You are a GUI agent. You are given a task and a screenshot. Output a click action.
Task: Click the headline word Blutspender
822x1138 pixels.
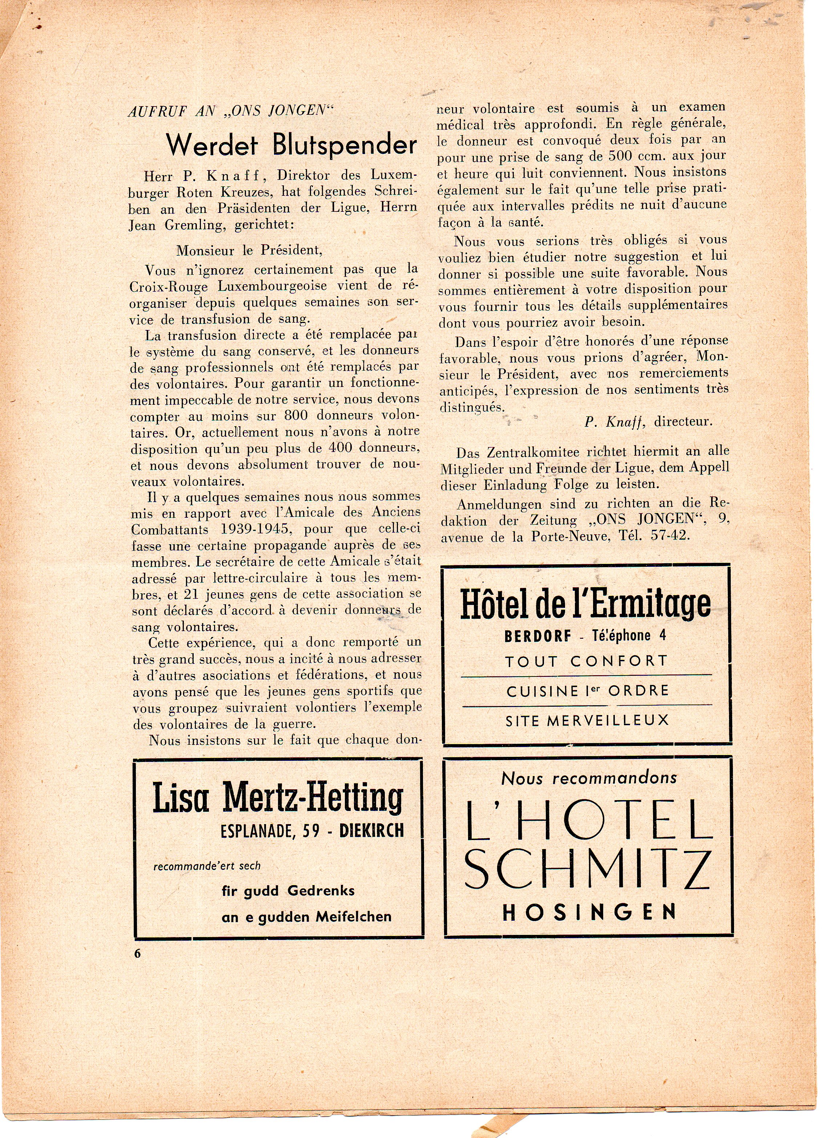[x=345, y=145]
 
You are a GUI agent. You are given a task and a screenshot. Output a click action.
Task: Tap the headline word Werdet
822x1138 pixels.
[x=212, y=145]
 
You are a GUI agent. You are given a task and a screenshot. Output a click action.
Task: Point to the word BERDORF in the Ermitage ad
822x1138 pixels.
[x=537, y=636]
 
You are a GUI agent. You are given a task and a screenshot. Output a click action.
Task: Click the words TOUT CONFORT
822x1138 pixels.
[x=587, y=661]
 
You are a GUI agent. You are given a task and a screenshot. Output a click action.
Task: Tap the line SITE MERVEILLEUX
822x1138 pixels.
[x=587, y=721]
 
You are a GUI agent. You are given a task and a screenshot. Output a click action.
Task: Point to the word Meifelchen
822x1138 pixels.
[x=353, y=917]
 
